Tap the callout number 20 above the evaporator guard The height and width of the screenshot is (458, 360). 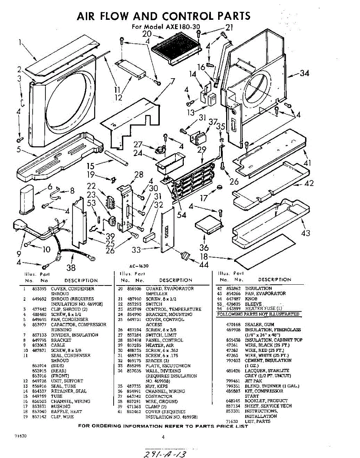pyautogui.click(x=147, y=34)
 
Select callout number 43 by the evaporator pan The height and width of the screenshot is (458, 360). pyautogui.click(x=305, y=233)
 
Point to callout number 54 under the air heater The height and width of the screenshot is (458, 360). pyautogui.click(x=182, y=215)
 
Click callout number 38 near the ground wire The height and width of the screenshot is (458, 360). pyautogui.click(x=71, y=268)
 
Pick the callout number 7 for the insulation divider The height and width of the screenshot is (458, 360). pyautogui.click(x=172, y=81)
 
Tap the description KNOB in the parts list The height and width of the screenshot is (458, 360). pyautogui.click(x=251, y=298)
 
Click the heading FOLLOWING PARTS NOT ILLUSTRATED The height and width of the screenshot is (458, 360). pyautogui.click(x=258, y=314)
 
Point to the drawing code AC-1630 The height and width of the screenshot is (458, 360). pyautogui.click(x=139, y=266)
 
